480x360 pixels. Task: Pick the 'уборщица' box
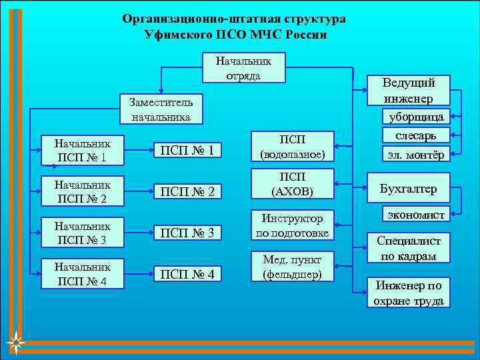416,117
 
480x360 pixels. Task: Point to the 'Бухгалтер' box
408,189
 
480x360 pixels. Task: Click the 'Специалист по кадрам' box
408,248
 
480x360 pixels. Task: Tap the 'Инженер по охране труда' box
408,293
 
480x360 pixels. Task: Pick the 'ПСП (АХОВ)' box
293,184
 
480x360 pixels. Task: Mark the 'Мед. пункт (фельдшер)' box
293,266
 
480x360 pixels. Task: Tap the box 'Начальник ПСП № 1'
83,151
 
